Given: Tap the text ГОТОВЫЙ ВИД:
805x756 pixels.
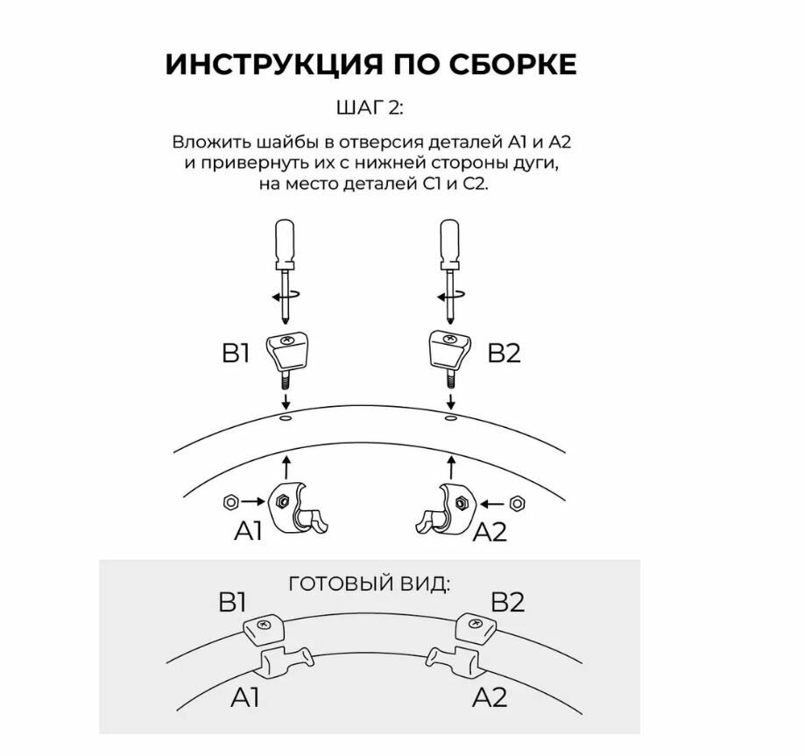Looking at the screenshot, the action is click(370, 583).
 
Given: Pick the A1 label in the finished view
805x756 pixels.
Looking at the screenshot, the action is click(246, 696).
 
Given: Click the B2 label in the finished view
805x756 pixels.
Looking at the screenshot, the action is click(507, 603).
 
